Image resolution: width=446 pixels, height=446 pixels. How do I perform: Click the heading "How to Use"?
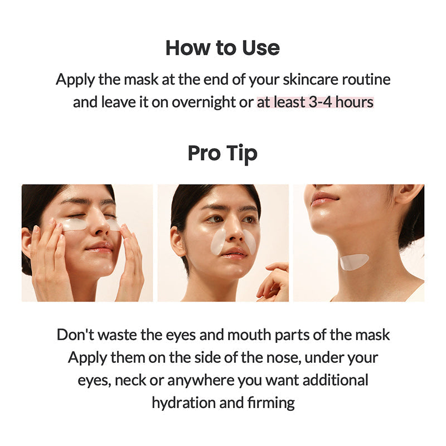(222, 48)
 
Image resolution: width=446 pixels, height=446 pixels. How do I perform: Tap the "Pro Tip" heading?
(222, 153)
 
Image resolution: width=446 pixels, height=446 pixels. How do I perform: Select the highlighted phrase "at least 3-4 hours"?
(315, 103)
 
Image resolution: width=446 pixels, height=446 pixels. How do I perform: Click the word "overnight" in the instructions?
(204, 103)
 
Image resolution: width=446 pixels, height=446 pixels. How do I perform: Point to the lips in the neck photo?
(324, 199)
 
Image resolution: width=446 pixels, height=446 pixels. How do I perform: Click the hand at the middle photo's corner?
(273, 282)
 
